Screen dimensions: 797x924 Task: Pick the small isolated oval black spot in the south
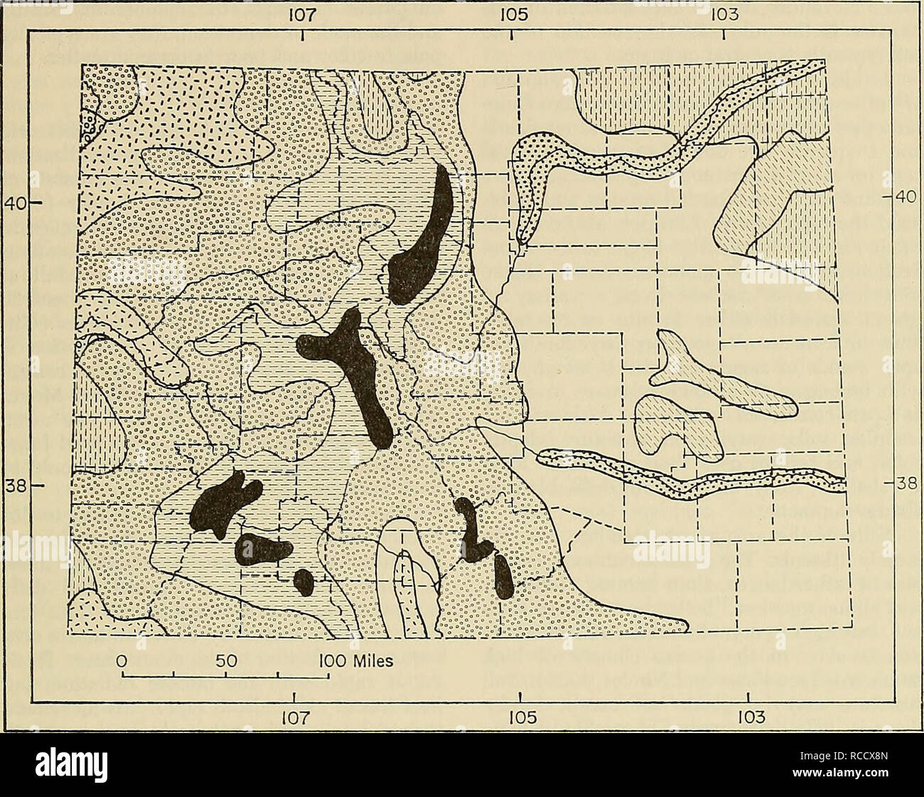click(303, 582)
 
